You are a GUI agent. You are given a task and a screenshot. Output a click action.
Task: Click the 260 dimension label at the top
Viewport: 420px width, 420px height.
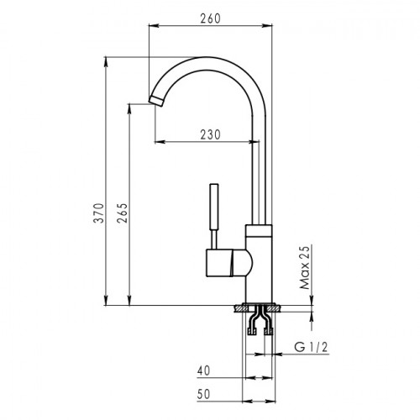tap(210, 18)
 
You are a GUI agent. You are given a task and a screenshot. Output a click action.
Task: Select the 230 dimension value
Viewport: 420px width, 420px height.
tap(210, 134)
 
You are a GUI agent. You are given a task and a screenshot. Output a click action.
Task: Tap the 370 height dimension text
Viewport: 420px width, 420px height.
tap(98, 213)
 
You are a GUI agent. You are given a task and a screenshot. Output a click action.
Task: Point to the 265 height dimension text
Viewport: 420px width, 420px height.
tap(123, 213)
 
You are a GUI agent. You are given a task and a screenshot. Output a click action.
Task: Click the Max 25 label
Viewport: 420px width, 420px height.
tap(305, 267)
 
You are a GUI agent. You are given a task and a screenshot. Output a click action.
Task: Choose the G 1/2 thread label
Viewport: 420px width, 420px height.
tap(311, 347)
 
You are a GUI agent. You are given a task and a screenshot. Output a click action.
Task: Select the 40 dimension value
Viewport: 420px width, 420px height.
tap(203, 370)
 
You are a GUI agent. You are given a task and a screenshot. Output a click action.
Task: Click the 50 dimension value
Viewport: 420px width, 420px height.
tap(203, 394)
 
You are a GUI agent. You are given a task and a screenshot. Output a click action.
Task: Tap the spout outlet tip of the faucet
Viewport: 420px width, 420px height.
tap(156, 101)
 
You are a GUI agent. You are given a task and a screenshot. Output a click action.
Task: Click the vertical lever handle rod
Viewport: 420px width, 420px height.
tap(214, 216)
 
